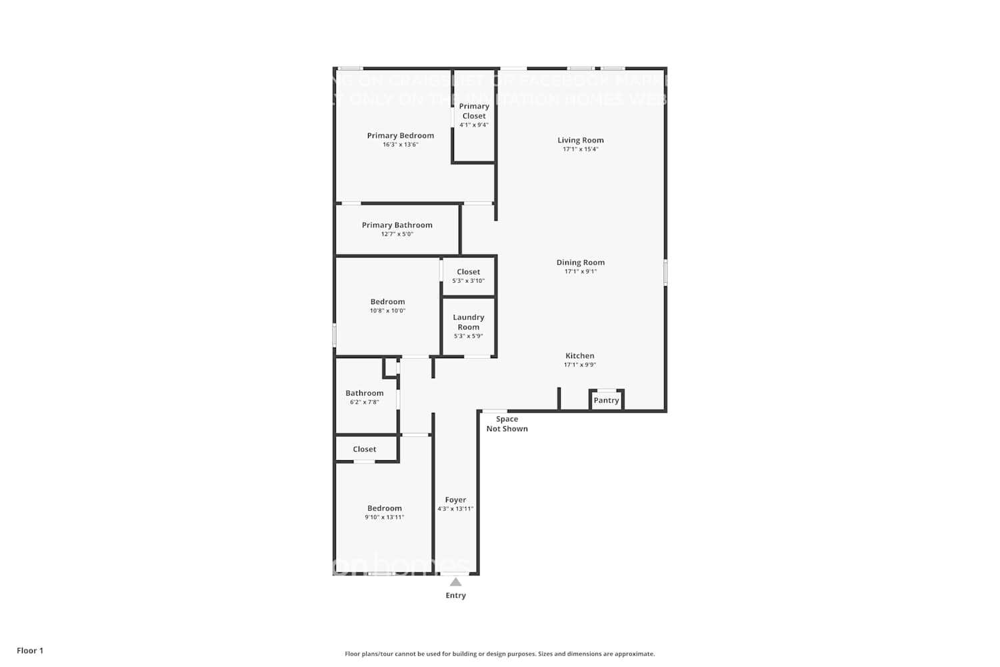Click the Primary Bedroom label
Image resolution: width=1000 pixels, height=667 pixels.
[400, 135]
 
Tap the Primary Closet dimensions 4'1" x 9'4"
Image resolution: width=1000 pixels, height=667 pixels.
[474, 125]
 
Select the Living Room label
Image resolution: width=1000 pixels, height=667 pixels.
[580, 140]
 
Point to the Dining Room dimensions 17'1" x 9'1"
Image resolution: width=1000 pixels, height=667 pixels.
[580, 271]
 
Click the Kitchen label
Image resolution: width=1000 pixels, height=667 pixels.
[579, 356]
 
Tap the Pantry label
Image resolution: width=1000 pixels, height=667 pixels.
[606, 400]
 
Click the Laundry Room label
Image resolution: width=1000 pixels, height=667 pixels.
[468, 322]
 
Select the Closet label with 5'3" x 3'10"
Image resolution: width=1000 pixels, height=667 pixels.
[468, 271]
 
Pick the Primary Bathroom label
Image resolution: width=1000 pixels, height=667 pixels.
[397, 225]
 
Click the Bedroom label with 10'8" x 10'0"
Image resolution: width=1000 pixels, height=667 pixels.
[387, 301]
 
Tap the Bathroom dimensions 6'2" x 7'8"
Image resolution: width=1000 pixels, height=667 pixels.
[364, 402]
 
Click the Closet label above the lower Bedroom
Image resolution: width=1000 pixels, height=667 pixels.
[364, 449]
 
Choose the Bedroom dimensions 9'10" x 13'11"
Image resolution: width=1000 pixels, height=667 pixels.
[384, 517]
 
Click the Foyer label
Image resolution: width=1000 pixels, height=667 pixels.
[455, 500]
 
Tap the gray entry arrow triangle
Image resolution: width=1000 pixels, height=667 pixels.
[455, 582]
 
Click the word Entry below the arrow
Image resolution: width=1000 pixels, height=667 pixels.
[455, 596]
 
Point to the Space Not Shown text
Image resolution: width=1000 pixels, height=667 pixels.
[507, 424]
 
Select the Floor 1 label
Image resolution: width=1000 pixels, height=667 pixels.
[30, 650]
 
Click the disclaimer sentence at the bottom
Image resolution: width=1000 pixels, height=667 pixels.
[499, 654]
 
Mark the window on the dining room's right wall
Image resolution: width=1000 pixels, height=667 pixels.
[665, 273]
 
